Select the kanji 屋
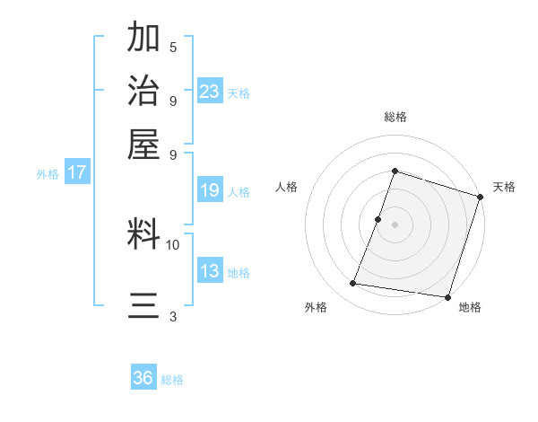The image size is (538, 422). click(x=144, y=143)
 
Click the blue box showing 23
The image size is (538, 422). click(x=210, y=91)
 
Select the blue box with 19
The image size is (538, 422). click(x=210, y=190)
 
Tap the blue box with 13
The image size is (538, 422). click(x=210, y=271)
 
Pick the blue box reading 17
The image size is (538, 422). click(x=76, y=172)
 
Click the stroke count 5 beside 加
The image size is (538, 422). click(x=173, y=48)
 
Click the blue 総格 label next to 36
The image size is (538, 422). click(x=172, y=380)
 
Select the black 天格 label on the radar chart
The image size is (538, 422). click(x=504, y=187)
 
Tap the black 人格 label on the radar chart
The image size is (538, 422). click(x=287, y=187)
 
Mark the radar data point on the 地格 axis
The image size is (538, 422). click(x=447, y=296)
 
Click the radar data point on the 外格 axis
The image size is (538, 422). click(x=353, y=284)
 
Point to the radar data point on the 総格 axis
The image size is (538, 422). click(x=395, y=171)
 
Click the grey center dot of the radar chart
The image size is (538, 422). click(x=395, y=224)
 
